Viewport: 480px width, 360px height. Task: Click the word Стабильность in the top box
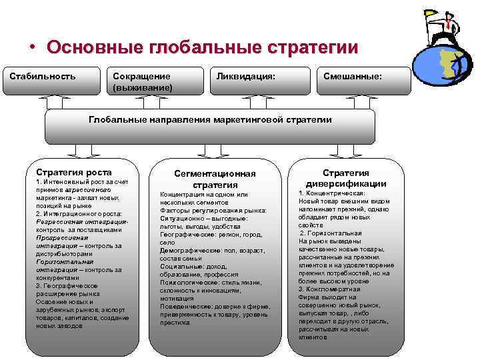point(43,76)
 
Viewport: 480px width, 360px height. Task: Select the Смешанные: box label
point(353,76)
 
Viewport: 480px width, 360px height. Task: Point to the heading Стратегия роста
point(74,172)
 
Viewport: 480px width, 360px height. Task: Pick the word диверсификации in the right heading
point(346,184)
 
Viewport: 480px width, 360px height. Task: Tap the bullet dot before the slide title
point(31,49)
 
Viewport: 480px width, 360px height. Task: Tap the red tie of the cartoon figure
point(450,26)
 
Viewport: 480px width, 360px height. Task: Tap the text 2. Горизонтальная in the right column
point(331,233)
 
